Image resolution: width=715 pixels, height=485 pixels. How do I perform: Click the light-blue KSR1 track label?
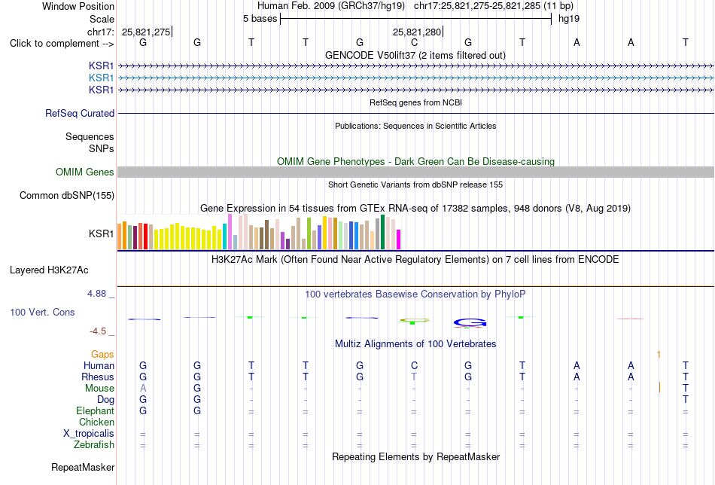(102, 78)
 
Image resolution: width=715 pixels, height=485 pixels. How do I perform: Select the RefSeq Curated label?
(80, 113)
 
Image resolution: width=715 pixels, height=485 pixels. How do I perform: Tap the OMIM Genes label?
(85, 172)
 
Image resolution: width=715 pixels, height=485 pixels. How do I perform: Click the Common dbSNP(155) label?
(67, 195)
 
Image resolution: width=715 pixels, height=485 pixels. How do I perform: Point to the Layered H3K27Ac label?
(49, 270)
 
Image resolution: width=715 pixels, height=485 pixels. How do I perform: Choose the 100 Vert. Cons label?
(42, 312)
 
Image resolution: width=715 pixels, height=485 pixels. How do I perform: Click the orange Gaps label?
(102, 354)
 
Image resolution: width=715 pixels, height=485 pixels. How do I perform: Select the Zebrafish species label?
(94, 444)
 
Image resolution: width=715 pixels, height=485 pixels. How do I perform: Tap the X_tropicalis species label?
(89, 434)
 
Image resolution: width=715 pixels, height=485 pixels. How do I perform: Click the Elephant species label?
(95, 410)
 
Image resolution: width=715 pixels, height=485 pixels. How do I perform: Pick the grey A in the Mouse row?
(143, 389)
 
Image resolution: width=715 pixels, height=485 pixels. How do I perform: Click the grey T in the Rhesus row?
(414, 377)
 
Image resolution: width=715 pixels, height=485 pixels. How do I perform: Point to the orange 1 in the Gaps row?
(659, 354)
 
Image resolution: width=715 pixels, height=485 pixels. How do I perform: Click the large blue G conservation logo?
(470, 323)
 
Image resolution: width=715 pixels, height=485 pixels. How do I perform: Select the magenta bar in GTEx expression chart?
(399, 239)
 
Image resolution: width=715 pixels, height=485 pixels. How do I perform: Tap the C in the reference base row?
(414, 42)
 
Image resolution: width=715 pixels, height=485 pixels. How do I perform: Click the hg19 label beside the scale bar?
(569, 19)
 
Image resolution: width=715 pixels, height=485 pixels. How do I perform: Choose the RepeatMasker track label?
(83, 467)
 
